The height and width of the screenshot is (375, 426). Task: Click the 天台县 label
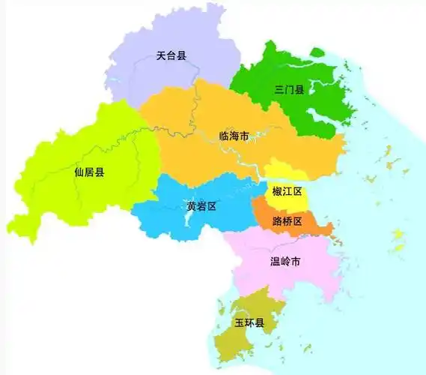pyautogui.click(x=171, y=55)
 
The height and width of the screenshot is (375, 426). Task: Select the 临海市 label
pyautogui.click(x=233, y=136)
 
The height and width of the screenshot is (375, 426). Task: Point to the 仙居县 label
pyautogui.click(x=90, y=172)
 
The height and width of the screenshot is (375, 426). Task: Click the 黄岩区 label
pyautogui.click(x=201, y=206)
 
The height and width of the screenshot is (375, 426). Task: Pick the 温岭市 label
pyautogui.click(x=284, y=262)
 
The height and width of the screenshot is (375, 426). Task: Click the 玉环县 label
pyautogui.click(x=249, y=323)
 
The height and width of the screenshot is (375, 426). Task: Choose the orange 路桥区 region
pyautogui.click(x=314, y=225)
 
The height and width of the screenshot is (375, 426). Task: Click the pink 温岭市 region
pyautogui.click(x=299, y=277)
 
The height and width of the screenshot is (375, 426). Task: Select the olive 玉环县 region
pyautogui.click(x=240, y=341)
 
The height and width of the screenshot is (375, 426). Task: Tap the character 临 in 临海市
pyautogui.click(x=223, y=136)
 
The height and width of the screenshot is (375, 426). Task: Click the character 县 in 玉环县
pyautogui.click(x=260, y=323)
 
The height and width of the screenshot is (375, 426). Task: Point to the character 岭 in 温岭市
pyautogui.click(x=284, y=262)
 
